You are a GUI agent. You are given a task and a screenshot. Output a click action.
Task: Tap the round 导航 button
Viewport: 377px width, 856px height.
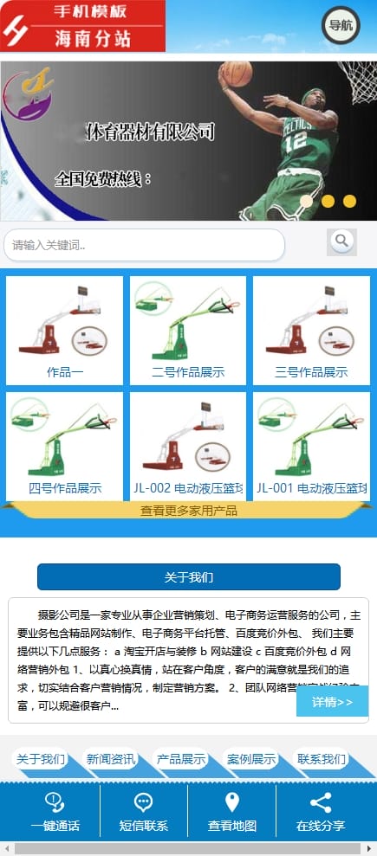click(341, 26)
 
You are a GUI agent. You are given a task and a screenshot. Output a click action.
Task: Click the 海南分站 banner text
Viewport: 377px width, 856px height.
click(93, 39)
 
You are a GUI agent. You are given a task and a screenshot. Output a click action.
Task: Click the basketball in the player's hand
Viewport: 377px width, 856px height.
click(236, 74)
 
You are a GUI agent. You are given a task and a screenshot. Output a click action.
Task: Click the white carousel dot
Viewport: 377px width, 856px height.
click(306, 201)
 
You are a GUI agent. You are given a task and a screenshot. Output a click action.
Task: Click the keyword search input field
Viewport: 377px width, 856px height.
click(144, 245)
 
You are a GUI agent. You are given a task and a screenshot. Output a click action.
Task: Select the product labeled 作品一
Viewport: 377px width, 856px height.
click(65, 372)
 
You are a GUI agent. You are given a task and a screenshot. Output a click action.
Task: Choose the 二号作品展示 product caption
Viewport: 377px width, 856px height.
click(188, 372)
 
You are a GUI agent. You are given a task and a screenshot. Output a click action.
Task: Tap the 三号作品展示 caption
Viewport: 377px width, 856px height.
click(311, 372)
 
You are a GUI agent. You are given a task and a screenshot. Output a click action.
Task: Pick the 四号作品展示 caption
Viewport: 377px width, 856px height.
click(65, 488)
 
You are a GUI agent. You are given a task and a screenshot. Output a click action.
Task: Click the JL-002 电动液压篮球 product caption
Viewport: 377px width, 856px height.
click(188, 488)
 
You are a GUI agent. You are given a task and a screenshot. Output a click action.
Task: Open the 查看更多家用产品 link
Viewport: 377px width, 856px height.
click(189, 511)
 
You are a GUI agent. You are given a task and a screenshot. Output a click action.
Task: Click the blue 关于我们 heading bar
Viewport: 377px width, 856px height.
click(189, 577)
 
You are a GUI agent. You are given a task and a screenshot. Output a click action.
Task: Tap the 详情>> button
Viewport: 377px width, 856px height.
click(332, 701)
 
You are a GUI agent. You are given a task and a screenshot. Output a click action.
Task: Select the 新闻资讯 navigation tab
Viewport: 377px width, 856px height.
click(111, 760)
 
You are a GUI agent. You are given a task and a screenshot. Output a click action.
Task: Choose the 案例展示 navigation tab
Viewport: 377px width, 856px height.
click(251, 760)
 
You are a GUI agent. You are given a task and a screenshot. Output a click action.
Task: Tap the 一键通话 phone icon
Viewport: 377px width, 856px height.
click(55, 802)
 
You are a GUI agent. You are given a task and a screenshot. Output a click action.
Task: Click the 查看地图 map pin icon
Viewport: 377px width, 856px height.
click(231, 802)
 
